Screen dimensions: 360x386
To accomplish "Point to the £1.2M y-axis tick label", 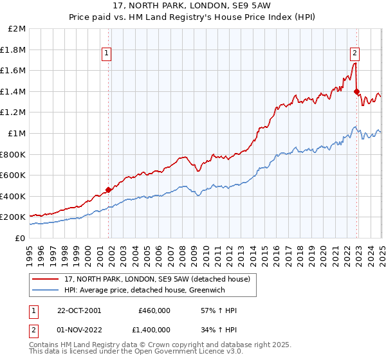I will pos(13,113).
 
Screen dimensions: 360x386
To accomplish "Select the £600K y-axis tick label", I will pos(13,175).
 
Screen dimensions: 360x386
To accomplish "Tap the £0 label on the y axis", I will pos(19,238).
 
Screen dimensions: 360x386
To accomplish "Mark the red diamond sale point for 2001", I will pos(109,190).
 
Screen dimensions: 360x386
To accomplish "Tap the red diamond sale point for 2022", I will pos(357,92).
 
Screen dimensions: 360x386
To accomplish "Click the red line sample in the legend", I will pos(45,280).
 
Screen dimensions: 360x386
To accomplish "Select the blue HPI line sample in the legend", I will pos(45,290).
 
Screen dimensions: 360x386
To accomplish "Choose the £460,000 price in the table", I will pos(154,310).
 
